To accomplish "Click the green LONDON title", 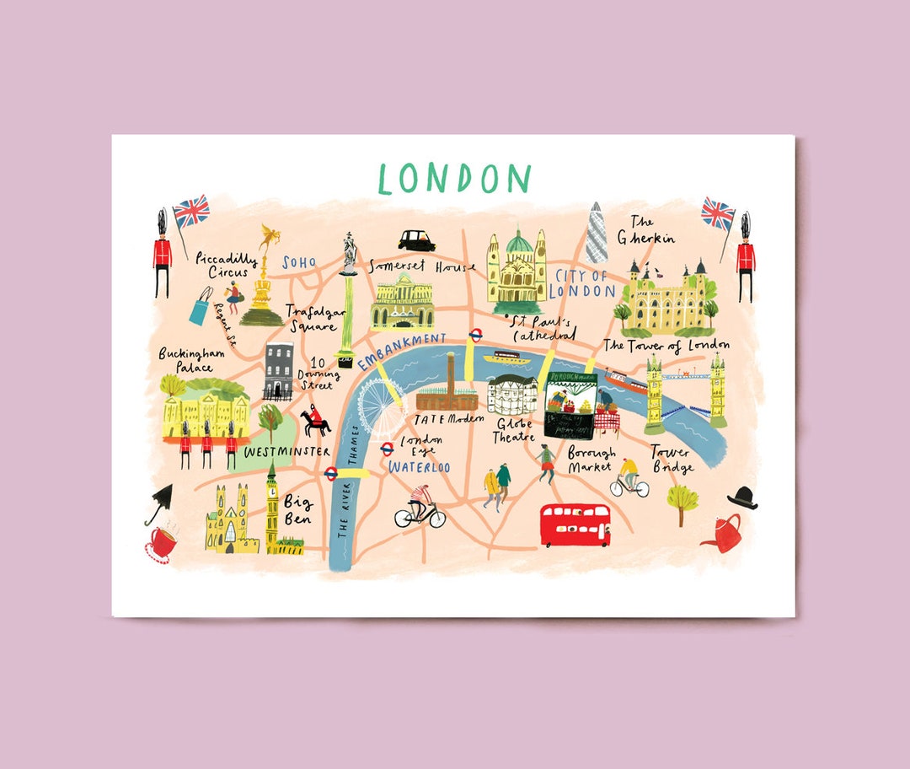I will pyautogui.click(x=455, y=179).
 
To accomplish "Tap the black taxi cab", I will pyautogui.click(x=417, y=241).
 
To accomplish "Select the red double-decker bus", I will pyautogui.click(x=575, y=524).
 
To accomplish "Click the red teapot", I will pyautogui.click(x=722, y=533).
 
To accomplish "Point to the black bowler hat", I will pyautogui.click(x=742, y=497).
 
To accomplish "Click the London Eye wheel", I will pyautogui.click(x=382, y=406).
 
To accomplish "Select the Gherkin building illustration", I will pyautogui.click(x=597, y=233).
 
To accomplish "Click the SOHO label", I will pyautogui.click(x=299, y=263).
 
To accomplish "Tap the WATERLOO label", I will pyautogui.click(x=420, y=467).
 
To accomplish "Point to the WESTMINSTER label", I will pyautogui.click(x=286, y=452).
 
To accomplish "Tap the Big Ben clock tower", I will pyautogui.click(x=272, y=509).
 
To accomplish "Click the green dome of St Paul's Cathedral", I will pyautogui.click(x=519, y=245).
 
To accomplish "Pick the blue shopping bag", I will pyautogui.click(x=201, y=307).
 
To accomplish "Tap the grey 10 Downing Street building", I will pyautogui.click(x=278, y=371).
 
